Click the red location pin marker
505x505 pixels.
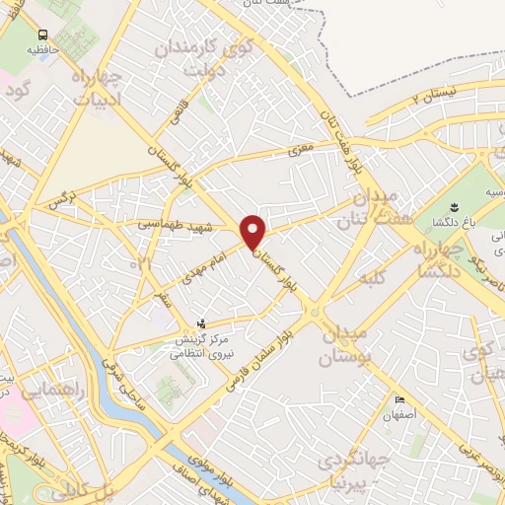point(254,233)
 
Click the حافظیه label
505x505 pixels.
point(42,47)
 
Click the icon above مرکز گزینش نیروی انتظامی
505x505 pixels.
point(201,323)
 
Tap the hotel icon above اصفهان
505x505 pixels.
point(398,399)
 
